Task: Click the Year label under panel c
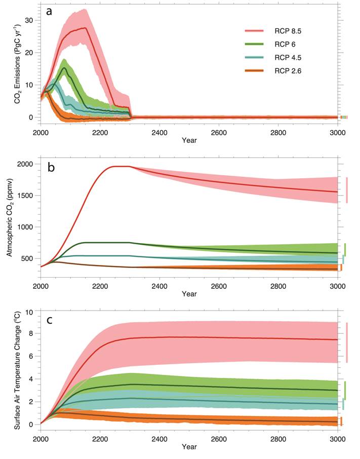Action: (x=189, y=447)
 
